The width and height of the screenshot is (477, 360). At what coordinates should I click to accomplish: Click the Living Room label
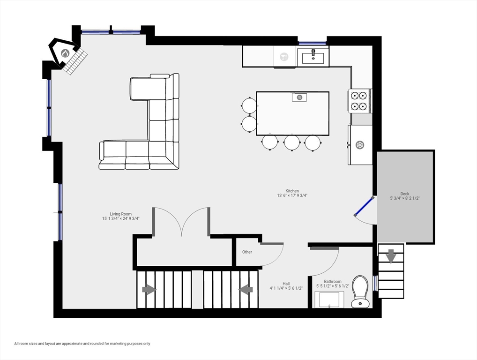[121, 214]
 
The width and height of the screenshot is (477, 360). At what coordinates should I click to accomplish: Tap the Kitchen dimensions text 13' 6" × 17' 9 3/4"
[292, 196]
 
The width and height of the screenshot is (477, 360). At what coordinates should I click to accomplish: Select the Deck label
[404, 194]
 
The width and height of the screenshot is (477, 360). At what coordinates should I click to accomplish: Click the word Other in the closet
[247, 252]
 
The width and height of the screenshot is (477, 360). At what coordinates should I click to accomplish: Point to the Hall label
[286, 284]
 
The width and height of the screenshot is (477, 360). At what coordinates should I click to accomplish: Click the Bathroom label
[333, 282]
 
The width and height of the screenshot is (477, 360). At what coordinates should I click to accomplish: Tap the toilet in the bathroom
[360, 291]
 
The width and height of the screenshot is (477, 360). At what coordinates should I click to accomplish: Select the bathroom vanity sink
[329, 299]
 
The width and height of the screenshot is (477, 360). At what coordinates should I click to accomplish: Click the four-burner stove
[359, 101]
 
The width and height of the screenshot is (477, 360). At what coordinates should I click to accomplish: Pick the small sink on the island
[299, 97]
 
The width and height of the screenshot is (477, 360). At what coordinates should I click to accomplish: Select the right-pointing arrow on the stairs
[149, 290]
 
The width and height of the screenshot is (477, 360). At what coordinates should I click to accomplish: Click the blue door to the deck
[364, 206]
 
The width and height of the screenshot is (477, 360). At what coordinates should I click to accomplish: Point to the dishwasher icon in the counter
[284, 57]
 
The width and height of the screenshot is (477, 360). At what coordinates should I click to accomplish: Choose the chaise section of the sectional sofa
[149, 89]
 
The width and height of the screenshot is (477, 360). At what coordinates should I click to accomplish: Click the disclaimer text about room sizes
[82, 344]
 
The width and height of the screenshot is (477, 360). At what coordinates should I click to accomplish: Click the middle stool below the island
[292, 142]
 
